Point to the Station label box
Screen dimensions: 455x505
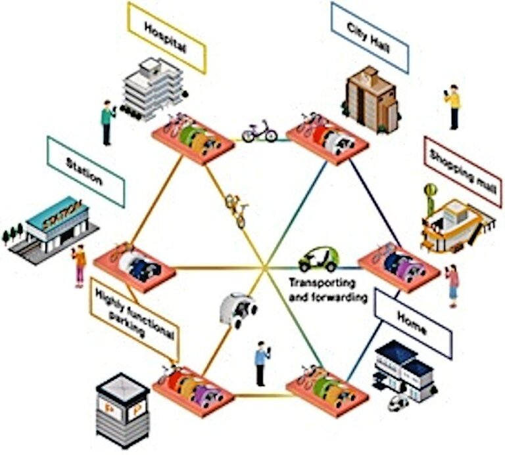(x=85, y=172)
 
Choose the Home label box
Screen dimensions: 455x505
(x=412, y=324)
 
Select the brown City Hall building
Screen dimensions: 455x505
(x=372, y=99)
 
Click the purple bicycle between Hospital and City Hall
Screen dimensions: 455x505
(x=259, y=131)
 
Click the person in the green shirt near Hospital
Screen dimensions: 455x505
(x=107, y=122)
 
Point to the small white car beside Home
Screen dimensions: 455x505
(x=398, y=402)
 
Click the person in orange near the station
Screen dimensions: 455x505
(x=80, y=265)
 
